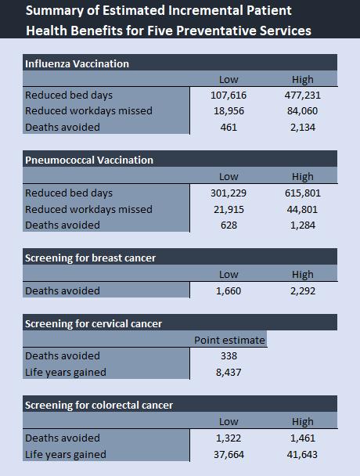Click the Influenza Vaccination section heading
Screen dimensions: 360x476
(x=77, y=63)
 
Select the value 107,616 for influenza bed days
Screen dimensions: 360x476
(x=229, y=96)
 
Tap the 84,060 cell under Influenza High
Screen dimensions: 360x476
(x=302, y=111)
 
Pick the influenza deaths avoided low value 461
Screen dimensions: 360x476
(x=229, y=127)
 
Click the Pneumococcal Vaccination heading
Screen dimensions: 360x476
(x=89, y=160)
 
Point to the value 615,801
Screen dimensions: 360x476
(x=303, y=193)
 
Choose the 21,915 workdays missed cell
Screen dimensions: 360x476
(x=229, y=210)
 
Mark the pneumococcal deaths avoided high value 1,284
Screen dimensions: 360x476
(x=303, y=225)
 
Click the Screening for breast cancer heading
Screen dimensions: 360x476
(x=91, y=258)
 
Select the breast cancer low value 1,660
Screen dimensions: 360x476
(x=229, y=290)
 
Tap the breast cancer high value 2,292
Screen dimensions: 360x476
(x=303, y=290)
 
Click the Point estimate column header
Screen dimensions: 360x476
(x=229, y=341)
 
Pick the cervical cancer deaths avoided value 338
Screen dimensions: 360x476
(x=229, y=355)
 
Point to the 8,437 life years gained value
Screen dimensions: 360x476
(x=229, y=372)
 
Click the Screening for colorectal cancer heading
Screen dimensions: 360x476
(x=99, y=405)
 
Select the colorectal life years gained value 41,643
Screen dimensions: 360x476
(x=302, y=454)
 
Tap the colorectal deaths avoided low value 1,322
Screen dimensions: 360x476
(x=229, y=438)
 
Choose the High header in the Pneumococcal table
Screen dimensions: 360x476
(x=303, y=176)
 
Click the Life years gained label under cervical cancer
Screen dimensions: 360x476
(x=66, y=373)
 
